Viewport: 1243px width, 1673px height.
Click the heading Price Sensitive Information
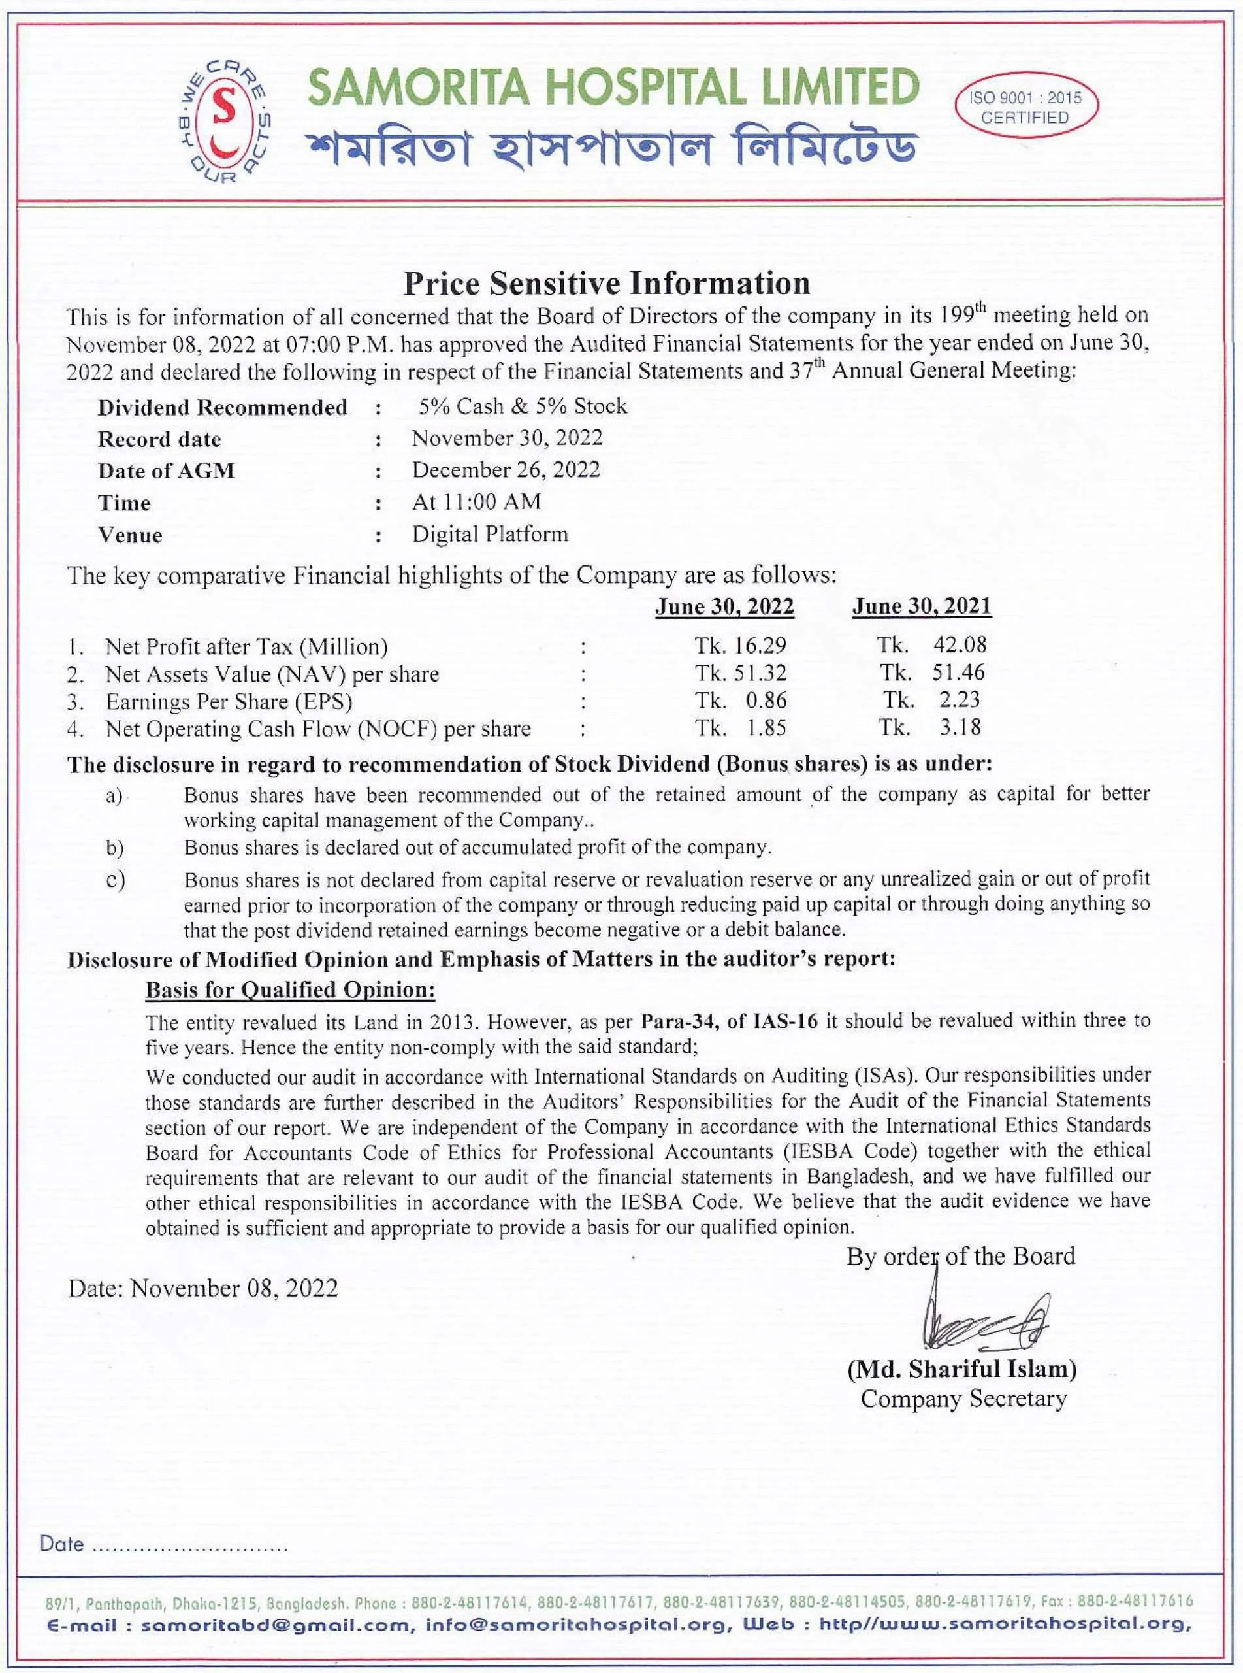607,283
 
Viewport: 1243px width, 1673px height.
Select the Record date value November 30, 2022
506,438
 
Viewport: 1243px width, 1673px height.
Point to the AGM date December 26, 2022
506,470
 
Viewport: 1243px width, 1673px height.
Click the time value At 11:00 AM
476,501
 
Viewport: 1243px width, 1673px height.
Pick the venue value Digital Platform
489,535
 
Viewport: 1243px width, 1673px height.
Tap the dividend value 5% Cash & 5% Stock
522,406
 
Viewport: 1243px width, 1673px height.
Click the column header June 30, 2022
724,606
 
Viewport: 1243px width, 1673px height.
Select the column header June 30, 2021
922,606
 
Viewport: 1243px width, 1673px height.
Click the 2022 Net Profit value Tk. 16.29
741,645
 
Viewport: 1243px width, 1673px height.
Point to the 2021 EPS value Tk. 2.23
931,700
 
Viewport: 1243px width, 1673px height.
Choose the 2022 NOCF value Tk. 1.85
741,728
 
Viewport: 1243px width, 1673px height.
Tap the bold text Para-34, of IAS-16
729,1021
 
